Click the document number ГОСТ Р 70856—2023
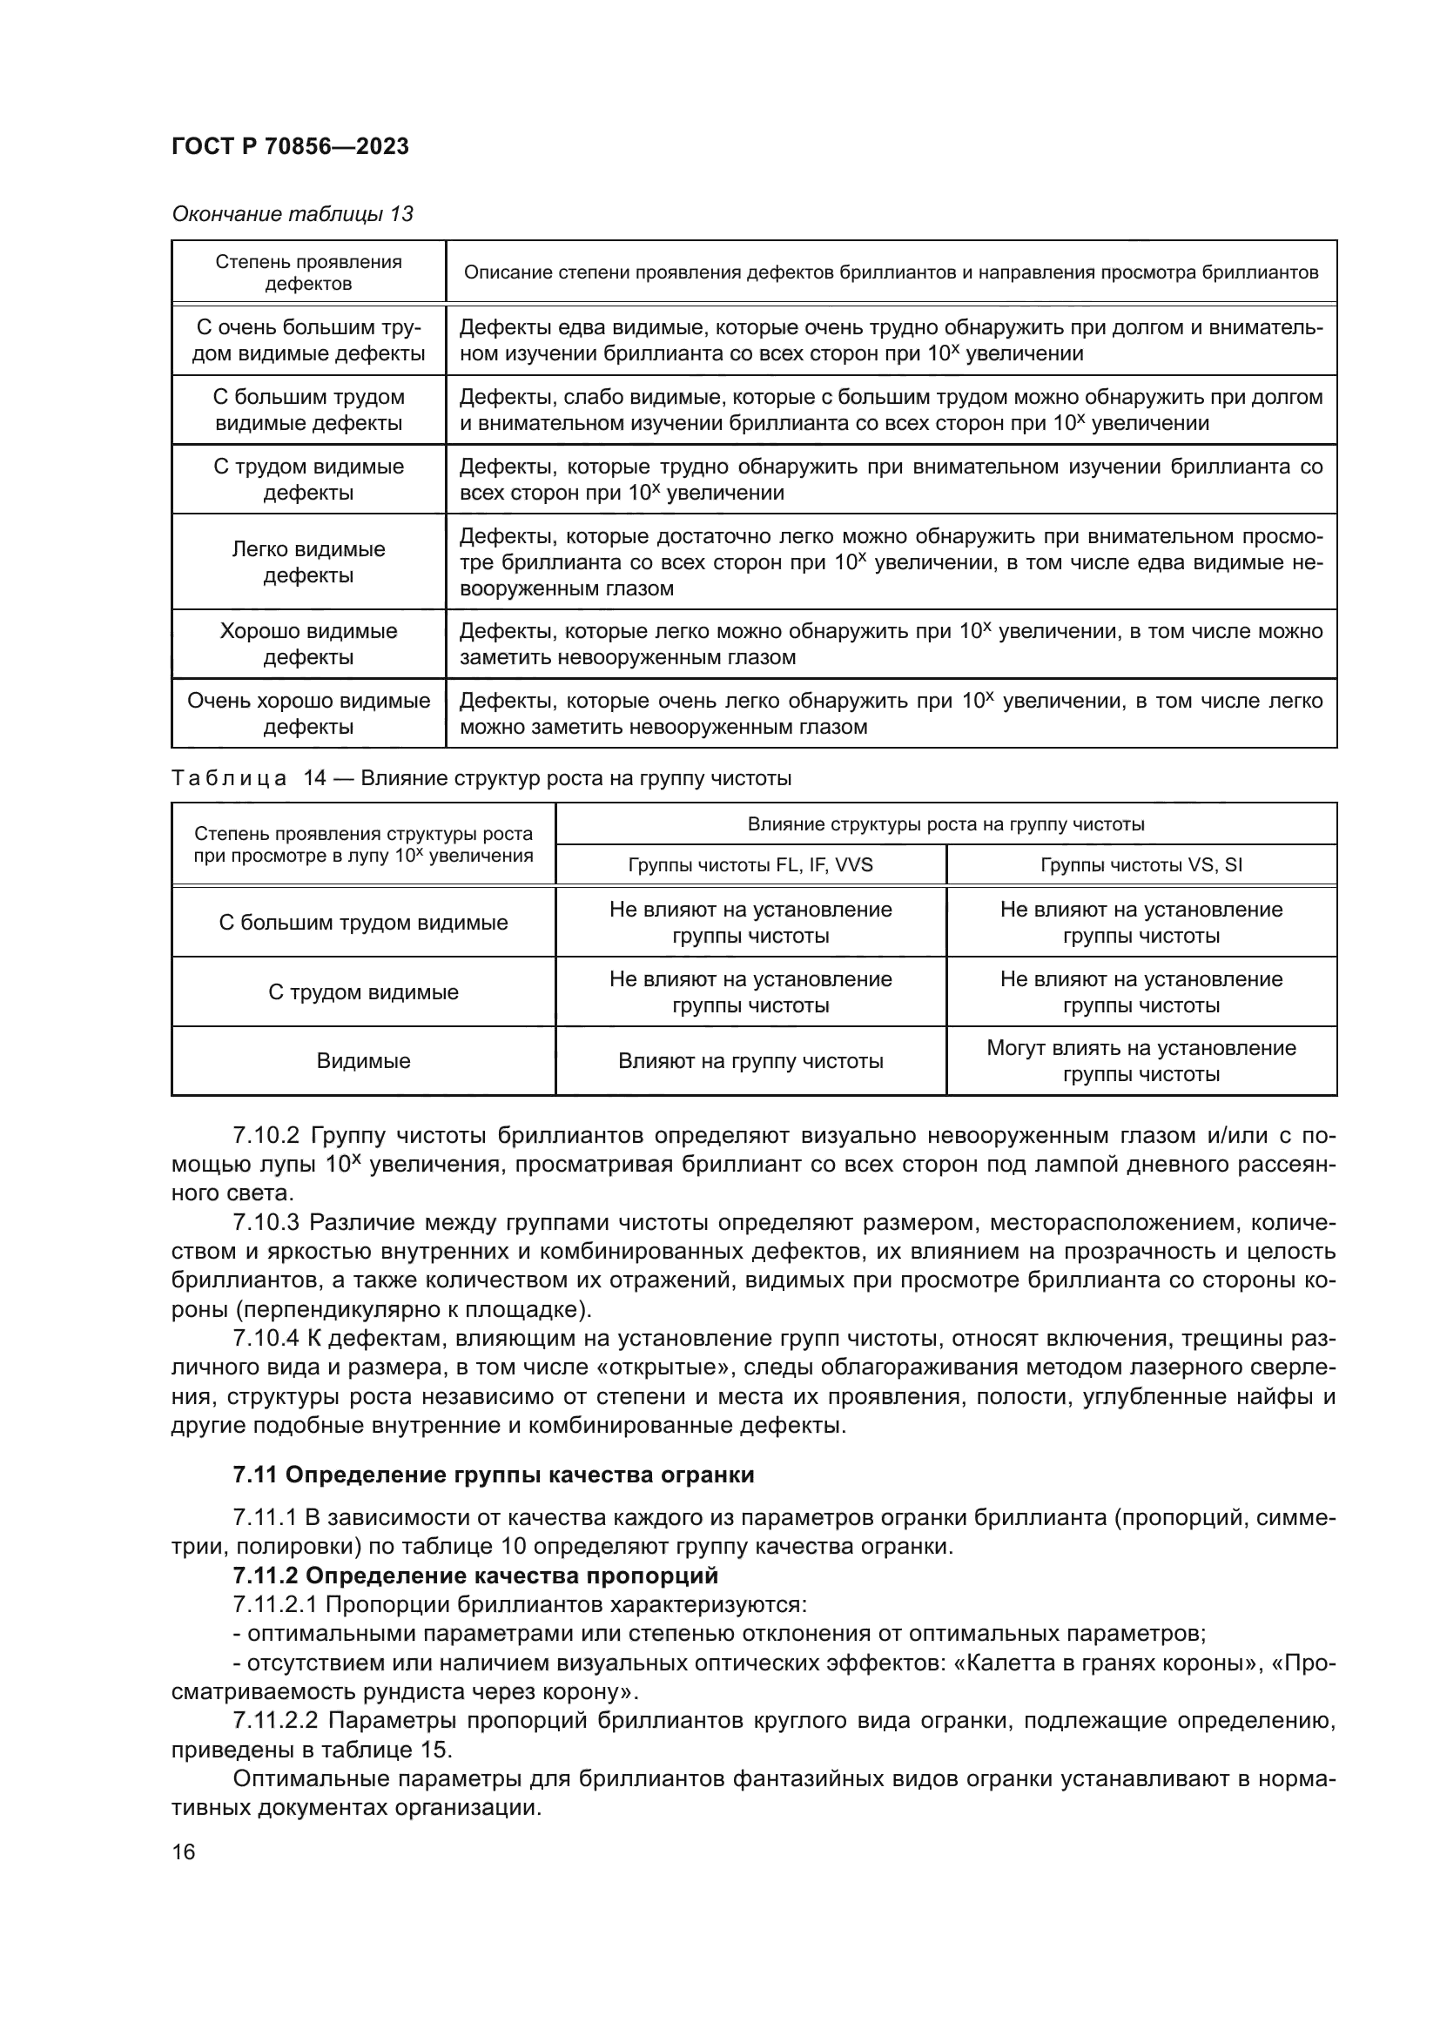pos(290,146)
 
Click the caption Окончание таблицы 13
pos(293,214)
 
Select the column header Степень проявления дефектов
pos(308,272)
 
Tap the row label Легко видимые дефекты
pos(308,561)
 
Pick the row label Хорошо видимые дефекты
pos(308,644)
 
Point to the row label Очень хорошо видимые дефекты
pos(308,713)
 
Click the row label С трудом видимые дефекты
pos(308,479)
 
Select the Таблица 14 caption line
pos(481,777)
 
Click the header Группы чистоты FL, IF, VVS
pos(750,864)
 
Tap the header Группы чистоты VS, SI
pos(1141,864)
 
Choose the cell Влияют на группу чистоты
pos(750,1060)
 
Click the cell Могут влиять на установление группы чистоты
pos(1141,1060)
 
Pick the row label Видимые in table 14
pos(364,1060)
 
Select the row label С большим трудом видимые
pos(364,922)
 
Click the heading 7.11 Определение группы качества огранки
pos(493,1475)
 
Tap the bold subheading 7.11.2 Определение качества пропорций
pos(475,1576)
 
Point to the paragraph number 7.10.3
pos(266,1223)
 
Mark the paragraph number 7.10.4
pos(266,1339)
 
